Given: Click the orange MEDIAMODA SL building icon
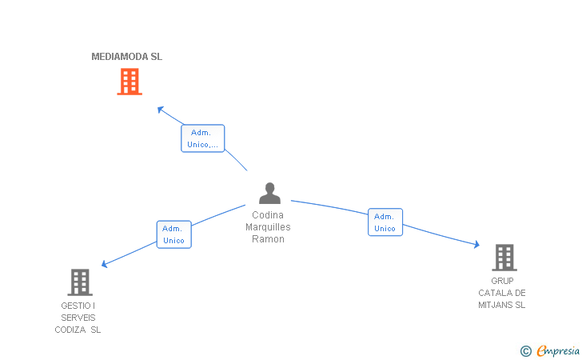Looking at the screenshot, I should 130,82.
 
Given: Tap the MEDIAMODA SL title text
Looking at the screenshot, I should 127,57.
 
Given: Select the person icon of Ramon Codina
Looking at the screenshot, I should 269,194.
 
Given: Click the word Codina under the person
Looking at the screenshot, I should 268,214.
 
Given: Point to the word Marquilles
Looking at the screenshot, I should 268,227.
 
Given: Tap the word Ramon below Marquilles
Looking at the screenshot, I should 268,239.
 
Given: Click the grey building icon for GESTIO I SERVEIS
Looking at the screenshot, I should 79,282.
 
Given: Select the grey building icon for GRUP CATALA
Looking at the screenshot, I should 504,258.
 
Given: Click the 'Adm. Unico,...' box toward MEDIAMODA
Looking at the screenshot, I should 203,138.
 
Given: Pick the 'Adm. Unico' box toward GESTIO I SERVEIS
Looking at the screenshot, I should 173,234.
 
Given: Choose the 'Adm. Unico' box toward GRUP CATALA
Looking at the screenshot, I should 385,222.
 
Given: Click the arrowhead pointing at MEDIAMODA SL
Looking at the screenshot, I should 160,109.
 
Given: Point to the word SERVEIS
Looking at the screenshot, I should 78,318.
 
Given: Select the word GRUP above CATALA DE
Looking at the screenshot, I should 502,281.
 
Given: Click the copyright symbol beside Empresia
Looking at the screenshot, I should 525,350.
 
